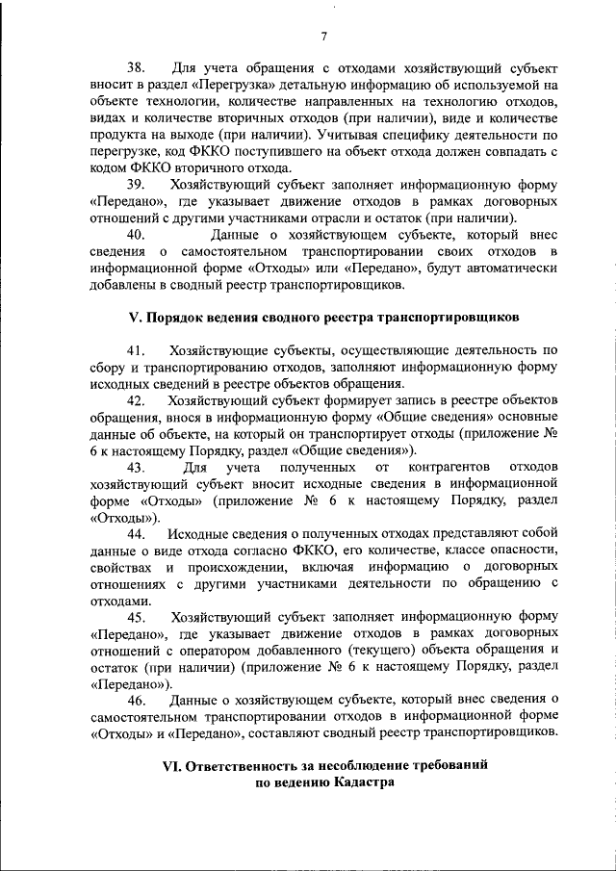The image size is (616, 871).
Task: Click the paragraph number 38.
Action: click(136, 69)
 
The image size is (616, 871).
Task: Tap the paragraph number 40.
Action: click(136, 233)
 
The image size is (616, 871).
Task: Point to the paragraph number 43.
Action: click(136, 467)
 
